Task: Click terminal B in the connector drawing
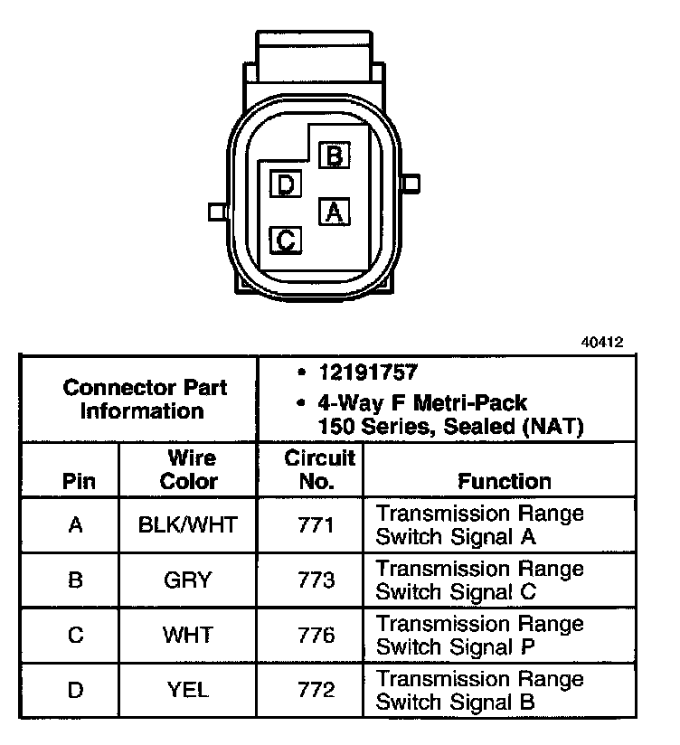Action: [x=335, y=156]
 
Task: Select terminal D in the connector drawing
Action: [x=286, y=185]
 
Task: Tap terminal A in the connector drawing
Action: [x=334, y=212]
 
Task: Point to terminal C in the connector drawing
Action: [x=286, y=240]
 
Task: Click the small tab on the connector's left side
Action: [x=216, y=212]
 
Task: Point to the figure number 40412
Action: [x=602, y=343]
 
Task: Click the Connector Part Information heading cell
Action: [x=145, y=399]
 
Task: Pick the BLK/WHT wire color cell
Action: [x=189, y=524]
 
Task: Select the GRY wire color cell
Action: [x=188, y=580]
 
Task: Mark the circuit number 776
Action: [x=316, y=635]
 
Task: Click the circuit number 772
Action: [x=316, y=690]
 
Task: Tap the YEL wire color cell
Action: [x=188, y=690]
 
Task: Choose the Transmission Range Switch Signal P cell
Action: [x=479, y=635]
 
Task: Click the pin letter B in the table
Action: [x=76, y=580]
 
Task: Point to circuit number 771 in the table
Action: [x=316, y=524]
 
